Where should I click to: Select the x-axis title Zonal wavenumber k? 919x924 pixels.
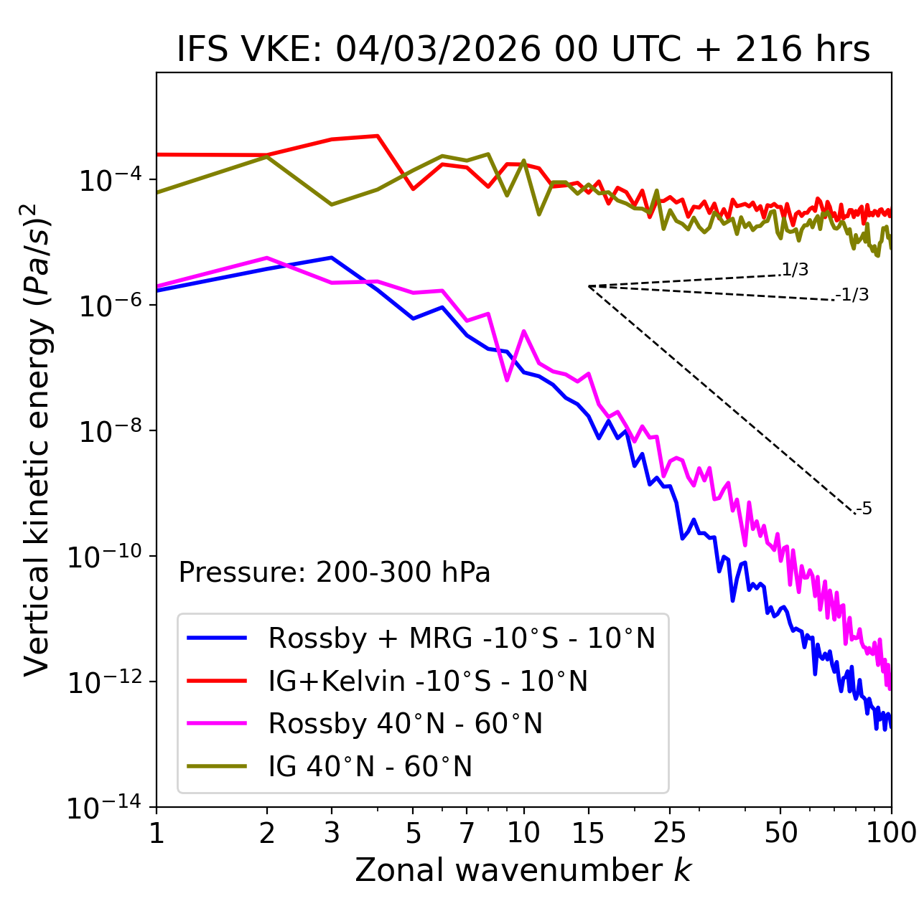pos(523,869)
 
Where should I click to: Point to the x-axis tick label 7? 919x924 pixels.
pos(467,832)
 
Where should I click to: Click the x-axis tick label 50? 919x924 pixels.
pos(780,832)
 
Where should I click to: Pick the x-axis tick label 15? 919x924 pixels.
pos(588,832)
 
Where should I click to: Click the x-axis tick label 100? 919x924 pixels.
pos(891,832)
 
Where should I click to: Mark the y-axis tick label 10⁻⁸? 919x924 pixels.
pos(108,432)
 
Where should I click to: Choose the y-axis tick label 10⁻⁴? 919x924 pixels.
pos(108,181)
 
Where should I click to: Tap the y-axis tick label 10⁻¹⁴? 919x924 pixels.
pos(104,808)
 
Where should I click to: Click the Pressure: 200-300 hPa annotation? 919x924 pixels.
pos(335,572)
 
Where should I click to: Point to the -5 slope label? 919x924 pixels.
pos(864,509)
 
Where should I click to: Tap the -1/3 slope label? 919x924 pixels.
pos(853,295)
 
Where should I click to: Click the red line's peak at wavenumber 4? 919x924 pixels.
pos(378,136)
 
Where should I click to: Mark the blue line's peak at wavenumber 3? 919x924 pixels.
pos(332,257)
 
